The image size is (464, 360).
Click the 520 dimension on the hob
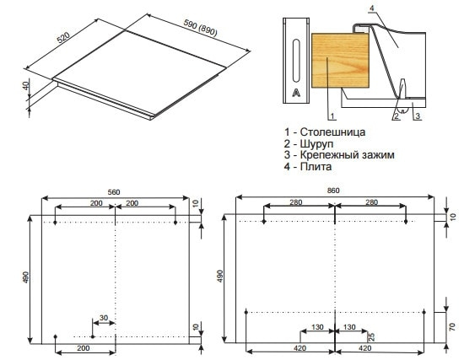(63, 38)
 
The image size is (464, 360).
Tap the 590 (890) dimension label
(200, 28)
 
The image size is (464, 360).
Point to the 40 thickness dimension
(26, 86)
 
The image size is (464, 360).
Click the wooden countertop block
(340, 61)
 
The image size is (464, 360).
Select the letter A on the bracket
(296, 93)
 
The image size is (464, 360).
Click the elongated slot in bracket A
(296, 61)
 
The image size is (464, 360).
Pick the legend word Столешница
(332, 132)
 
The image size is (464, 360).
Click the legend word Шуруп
(316, 144)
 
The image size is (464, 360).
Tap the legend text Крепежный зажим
(347, 155)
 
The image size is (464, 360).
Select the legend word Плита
(316, 167)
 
